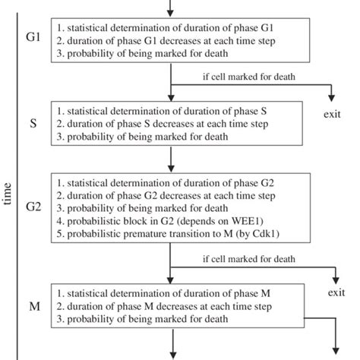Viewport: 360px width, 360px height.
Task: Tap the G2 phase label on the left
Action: [x=33, y=207]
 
